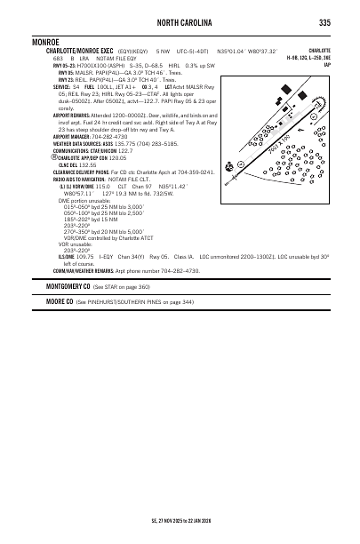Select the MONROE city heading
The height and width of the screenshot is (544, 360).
[x=44, y=41]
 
